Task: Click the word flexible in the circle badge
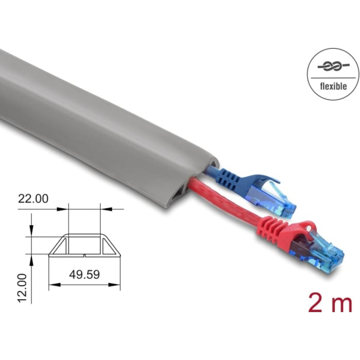pyautogui.click(x=333, y=86)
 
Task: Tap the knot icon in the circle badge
pyautogui.click(x=333, y=66)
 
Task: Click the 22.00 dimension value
pyautogui.click(x=33, y=199)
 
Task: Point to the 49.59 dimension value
pyautogui.click(x=85, y=274)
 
